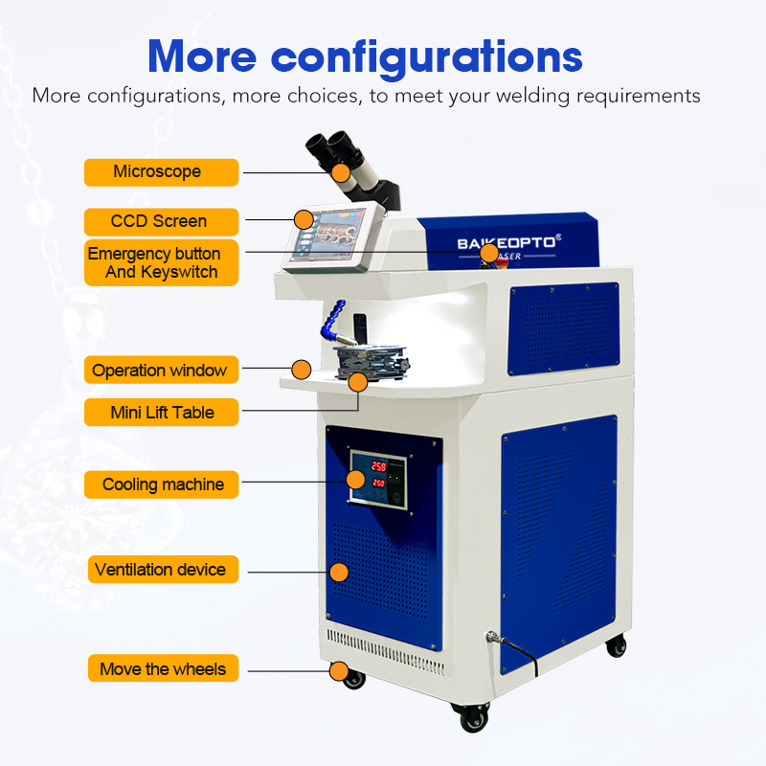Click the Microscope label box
[x=161, y=172]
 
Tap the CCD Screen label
[x=160, y=221]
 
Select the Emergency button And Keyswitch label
[x=160, y=263]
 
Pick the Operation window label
[x=160, y=371]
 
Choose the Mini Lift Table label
[x=160, y=413]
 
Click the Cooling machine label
[x=160, y=484]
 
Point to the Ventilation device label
[x=160, y=570]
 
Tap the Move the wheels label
[x=160, y=668]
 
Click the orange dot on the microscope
[x=341, y=172]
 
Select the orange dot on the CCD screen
[x=304, y=219]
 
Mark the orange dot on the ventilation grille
[x=338, y=573]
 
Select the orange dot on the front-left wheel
[x=338, y=670]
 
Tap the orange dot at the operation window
[x=302, y=368]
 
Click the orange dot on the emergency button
[x=488, y=253]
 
